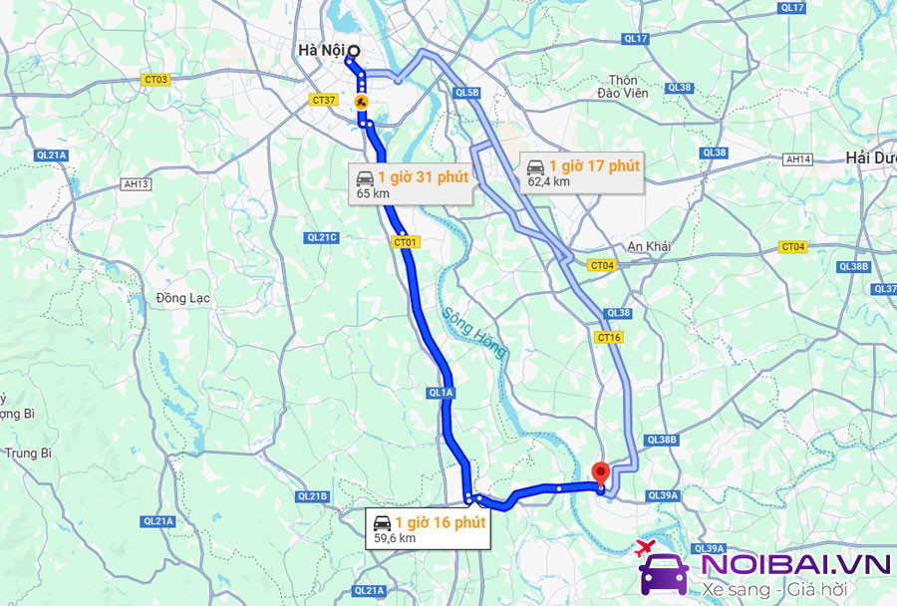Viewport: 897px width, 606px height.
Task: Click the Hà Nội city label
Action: (318, 50)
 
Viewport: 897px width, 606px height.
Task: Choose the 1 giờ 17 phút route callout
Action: (581, 171)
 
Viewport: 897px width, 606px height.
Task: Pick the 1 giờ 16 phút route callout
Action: (427, 528)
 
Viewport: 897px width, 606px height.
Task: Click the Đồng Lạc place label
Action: (180, 298)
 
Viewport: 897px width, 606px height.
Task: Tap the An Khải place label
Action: (649, 246)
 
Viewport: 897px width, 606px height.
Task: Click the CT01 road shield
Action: (406, 241)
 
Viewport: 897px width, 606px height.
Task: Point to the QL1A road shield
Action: (441, 394)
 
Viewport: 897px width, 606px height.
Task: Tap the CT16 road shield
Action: (609, 338)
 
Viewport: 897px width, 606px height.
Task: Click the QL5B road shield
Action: (467, 93)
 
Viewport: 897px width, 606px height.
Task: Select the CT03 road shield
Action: (155, 80)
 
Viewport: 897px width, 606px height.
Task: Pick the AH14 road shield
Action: (798, 158)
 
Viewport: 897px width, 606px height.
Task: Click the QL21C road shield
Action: (323, 237)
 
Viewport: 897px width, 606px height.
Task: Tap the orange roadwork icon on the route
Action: (362, 102)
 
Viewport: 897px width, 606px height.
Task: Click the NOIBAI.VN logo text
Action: (794, 565)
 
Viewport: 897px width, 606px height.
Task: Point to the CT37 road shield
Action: (323, 100)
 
